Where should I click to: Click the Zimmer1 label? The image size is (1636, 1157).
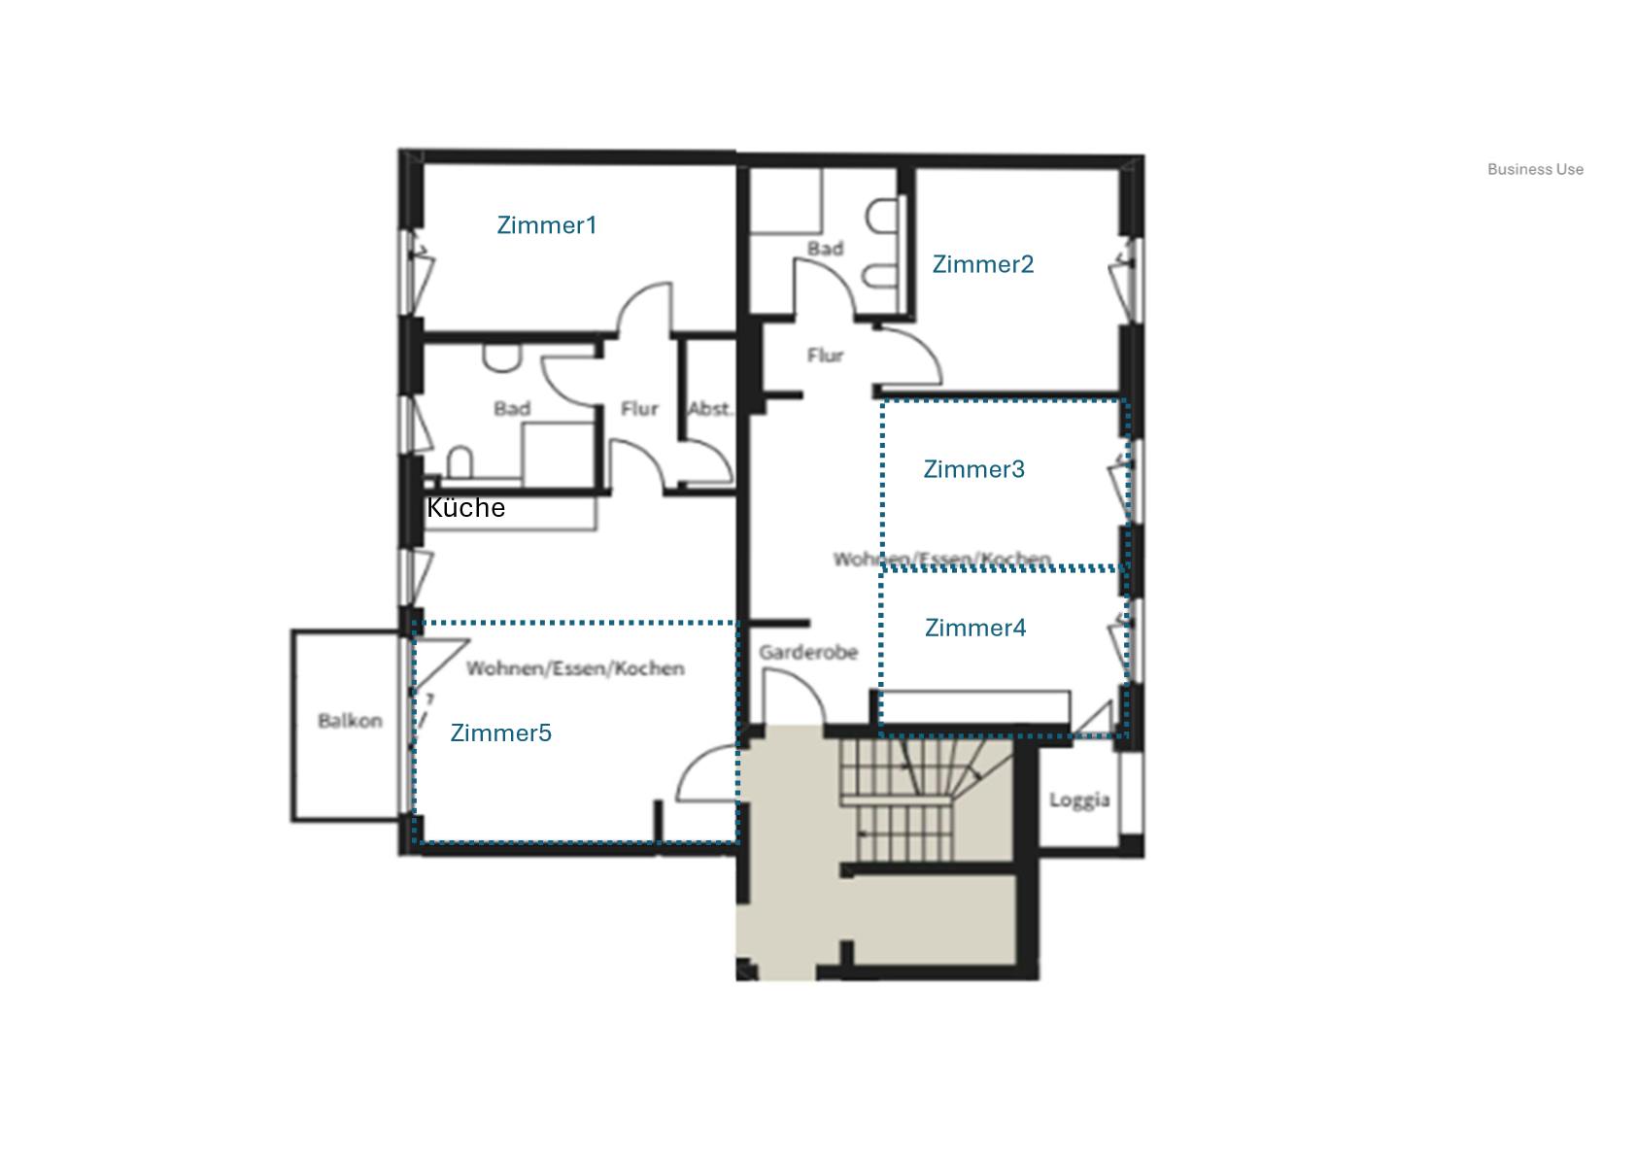tap(547, 225)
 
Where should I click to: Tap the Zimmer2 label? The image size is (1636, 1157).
tap(982, 264)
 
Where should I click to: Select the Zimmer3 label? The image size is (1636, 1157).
tap(973, 469)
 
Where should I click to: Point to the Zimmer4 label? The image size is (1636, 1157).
tap(974, 628)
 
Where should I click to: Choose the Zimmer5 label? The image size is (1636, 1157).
tap(500, 732)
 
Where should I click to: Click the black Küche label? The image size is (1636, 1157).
tap(466, 508)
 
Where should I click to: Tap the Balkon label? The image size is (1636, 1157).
tap(350, 721)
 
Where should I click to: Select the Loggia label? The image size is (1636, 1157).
tap(1078, 800)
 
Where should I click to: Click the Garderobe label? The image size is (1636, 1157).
tap(808, 652)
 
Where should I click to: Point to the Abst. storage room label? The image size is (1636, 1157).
tap(710, 409)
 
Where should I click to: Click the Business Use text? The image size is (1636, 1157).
tap(1535, 169)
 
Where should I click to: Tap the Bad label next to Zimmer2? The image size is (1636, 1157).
tap(825, 249)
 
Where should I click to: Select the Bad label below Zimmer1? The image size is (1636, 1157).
tap(512, 409)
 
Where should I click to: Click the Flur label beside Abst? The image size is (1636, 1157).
tap(639, 409)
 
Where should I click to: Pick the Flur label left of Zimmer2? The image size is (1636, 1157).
tap(825, 356)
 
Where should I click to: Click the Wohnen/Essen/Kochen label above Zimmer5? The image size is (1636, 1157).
tap(575, 668)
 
